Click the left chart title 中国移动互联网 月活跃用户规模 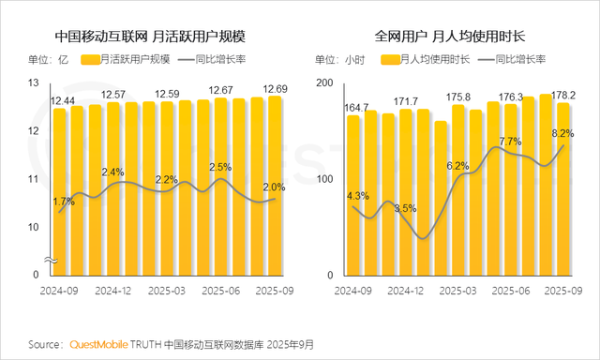[x=157, y=37]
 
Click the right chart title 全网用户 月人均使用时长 [x=450, y=37]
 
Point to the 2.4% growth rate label [x=112, y=172]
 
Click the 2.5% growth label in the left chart [x=220, y=167]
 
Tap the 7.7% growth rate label [x=510, y=142]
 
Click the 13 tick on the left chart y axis [x=34, y=83]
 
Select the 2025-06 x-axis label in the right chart [x=512, y=291]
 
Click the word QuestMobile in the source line [x=102, y=344]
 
